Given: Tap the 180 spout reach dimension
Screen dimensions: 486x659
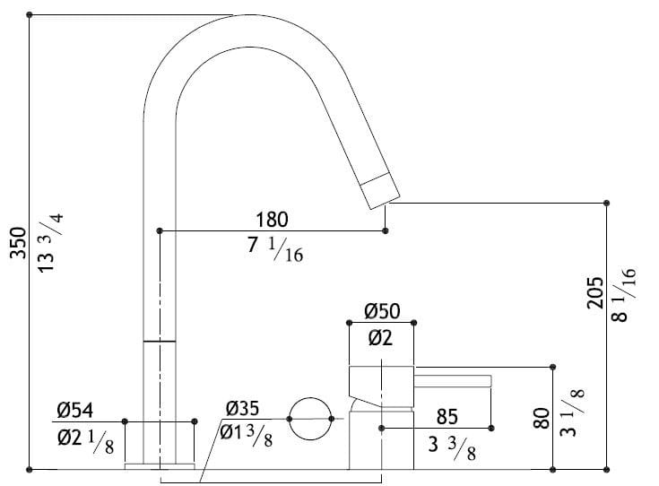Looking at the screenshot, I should tap(273, 219).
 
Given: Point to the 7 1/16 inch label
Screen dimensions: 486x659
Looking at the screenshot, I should tap(274, 250).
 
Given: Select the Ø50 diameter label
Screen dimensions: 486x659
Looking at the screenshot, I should tap(382, 311).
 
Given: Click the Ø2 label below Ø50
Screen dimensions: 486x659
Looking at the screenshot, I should tap(380, 339).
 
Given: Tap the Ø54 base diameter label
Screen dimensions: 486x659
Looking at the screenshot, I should tap(75, 411).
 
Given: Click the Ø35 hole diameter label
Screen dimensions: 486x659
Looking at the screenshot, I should tap(244, 408).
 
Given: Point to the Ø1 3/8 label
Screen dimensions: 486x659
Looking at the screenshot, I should tap(247, 435).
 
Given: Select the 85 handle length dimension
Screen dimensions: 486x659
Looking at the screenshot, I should tap(448, 417).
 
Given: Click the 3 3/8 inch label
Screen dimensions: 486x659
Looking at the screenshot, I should tap(449, 446).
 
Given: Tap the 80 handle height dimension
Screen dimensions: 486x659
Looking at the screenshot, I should tap(540, 420).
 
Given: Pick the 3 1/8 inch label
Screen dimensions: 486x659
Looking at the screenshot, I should tap(571, 412).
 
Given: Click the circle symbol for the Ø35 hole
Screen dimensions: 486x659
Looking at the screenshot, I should tap(310, 418).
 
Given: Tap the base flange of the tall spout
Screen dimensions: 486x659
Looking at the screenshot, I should tap(160, 465).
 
